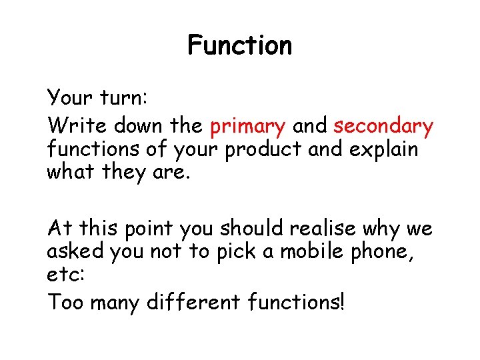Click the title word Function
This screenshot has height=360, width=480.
[240, 45]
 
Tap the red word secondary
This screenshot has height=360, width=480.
[383, 126]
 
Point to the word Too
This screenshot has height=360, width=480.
[65, 303]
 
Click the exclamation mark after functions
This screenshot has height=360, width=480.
[343, 303]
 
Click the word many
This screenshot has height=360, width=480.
[112, 304]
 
